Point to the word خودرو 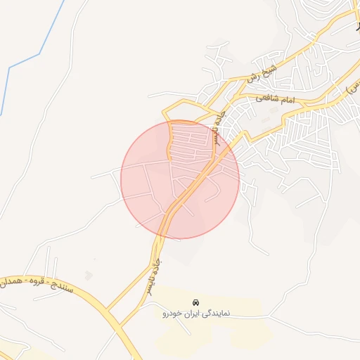[x=172, y=312]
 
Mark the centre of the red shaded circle [x=180, y=179]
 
